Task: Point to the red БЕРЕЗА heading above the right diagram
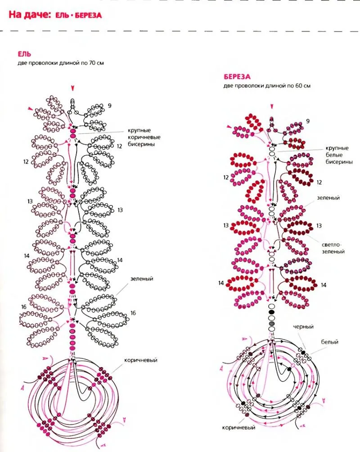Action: coord(237,77)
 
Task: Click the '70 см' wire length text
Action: coord(97,63)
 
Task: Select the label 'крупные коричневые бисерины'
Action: coord(144,138)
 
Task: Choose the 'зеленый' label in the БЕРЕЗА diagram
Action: coord(328,197)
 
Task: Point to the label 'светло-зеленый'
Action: coord(333,248)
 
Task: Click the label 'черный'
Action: coord(303,327)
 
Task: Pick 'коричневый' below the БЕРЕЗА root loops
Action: coord(236,427)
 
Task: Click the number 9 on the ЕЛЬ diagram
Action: coord(109,106)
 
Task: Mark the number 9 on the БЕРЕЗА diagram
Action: coord(308,121)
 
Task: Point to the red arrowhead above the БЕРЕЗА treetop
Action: coord(271,106)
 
